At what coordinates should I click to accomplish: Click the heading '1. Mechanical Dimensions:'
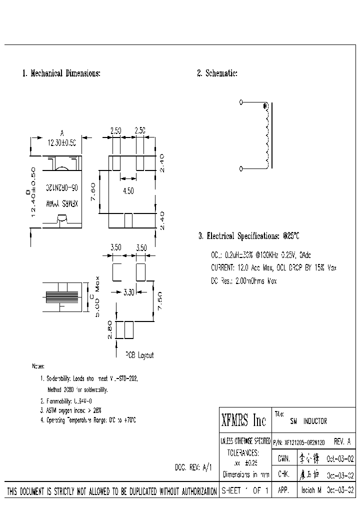pos(61,73)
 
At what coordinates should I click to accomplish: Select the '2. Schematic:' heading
pos(217,73)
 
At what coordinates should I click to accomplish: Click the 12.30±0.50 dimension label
pos(62,142)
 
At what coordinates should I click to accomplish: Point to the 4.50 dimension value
pos(129,190)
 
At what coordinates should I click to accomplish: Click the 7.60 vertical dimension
pos(93,191)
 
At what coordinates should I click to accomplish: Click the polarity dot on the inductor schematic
pos(264,106)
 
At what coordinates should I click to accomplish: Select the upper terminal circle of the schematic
pos(241,102)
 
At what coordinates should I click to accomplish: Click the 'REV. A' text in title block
pos(342,442)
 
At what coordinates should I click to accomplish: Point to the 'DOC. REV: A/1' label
pos(193,467)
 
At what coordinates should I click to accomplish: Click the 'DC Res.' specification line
pos(243,281)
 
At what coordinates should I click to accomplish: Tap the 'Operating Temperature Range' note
pos(88,420)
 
